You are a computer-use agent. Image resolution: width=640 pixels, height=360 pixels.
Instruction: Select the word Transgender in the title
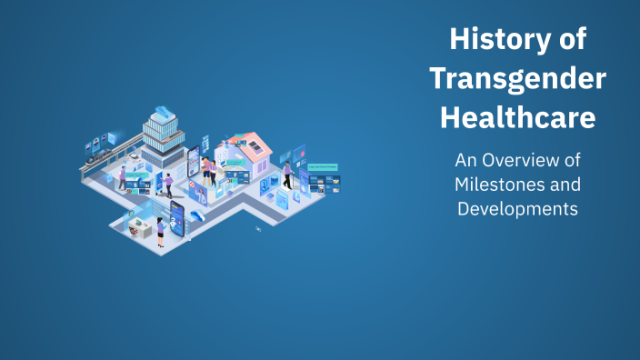[517, 79]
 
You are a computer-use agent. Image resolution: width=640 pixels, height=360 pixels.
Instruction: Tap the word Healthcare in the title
[517, 118]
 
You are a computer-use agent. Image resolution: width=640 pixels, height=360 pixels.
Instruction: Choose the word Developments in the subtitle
[517, 208]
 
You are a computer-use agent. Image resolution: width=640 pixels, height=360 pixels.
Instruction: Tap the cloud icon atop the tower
[164, 111]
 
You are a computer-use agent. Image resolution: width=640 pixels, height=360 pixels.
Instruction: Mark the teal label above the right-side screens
[321, 167]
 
